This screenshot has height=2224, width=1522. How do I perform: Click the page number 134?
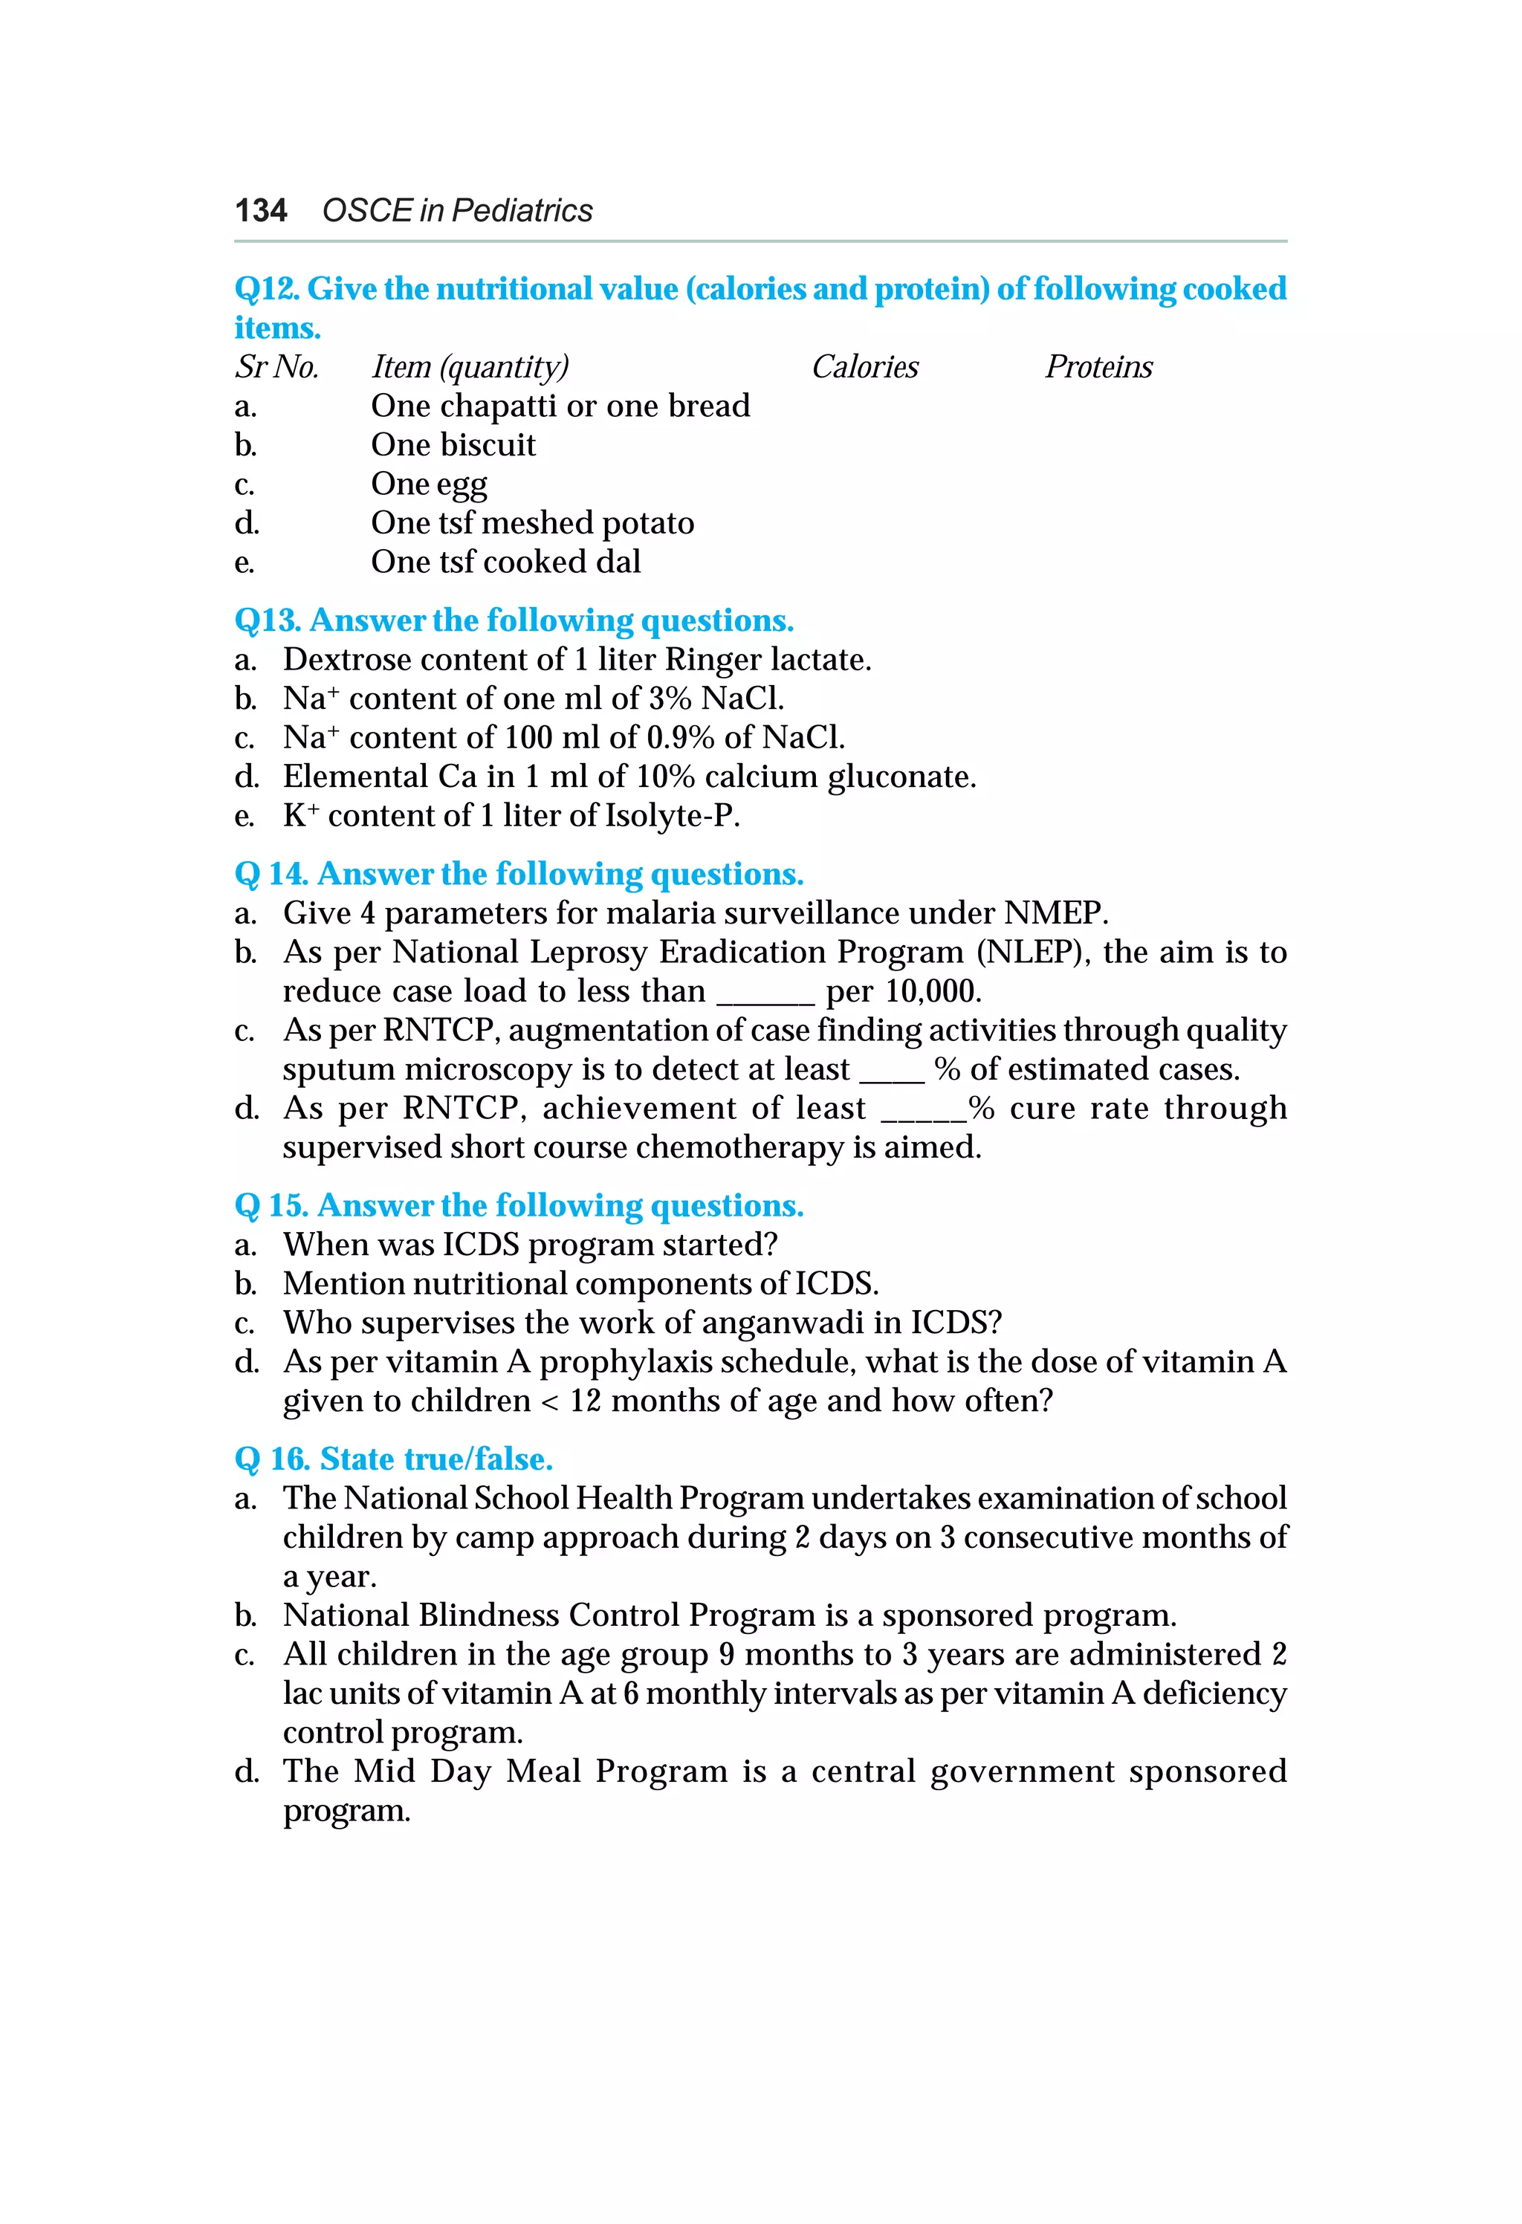click(260, 210)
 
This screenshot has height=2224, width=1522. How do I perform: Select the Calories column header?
click(864, 366)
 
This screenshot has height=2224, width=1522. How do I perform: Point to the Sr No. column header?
click(276, 366)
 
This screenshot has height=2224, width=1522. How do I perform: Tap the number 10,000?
click(931, 991)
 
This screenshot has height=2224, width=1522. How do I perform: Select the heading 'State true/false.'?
click(435, 1459)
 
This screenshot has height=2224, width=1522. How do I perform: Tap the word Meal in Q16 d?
click(543, 1771)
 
